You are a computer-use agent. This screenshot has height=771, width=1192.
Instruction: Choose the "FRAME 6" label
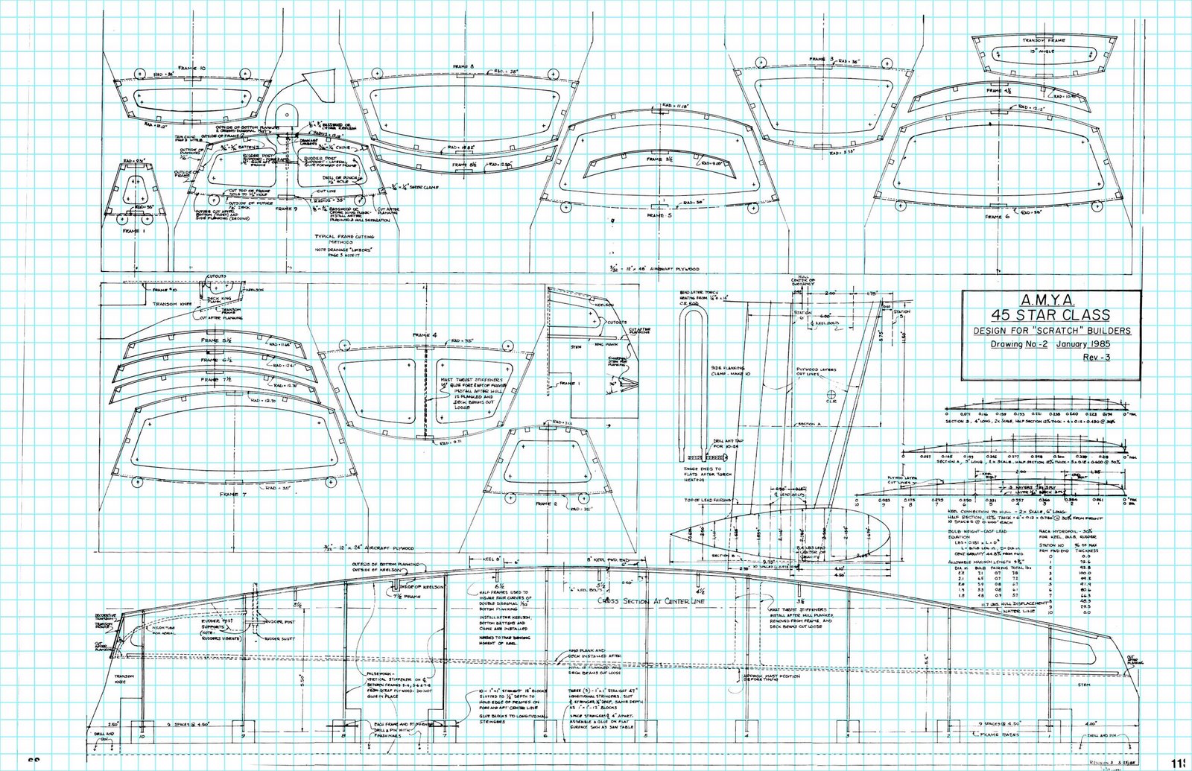[995, 216]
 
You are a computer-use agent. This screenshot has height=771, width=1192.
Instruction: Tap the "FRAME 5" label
[659, 215]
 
